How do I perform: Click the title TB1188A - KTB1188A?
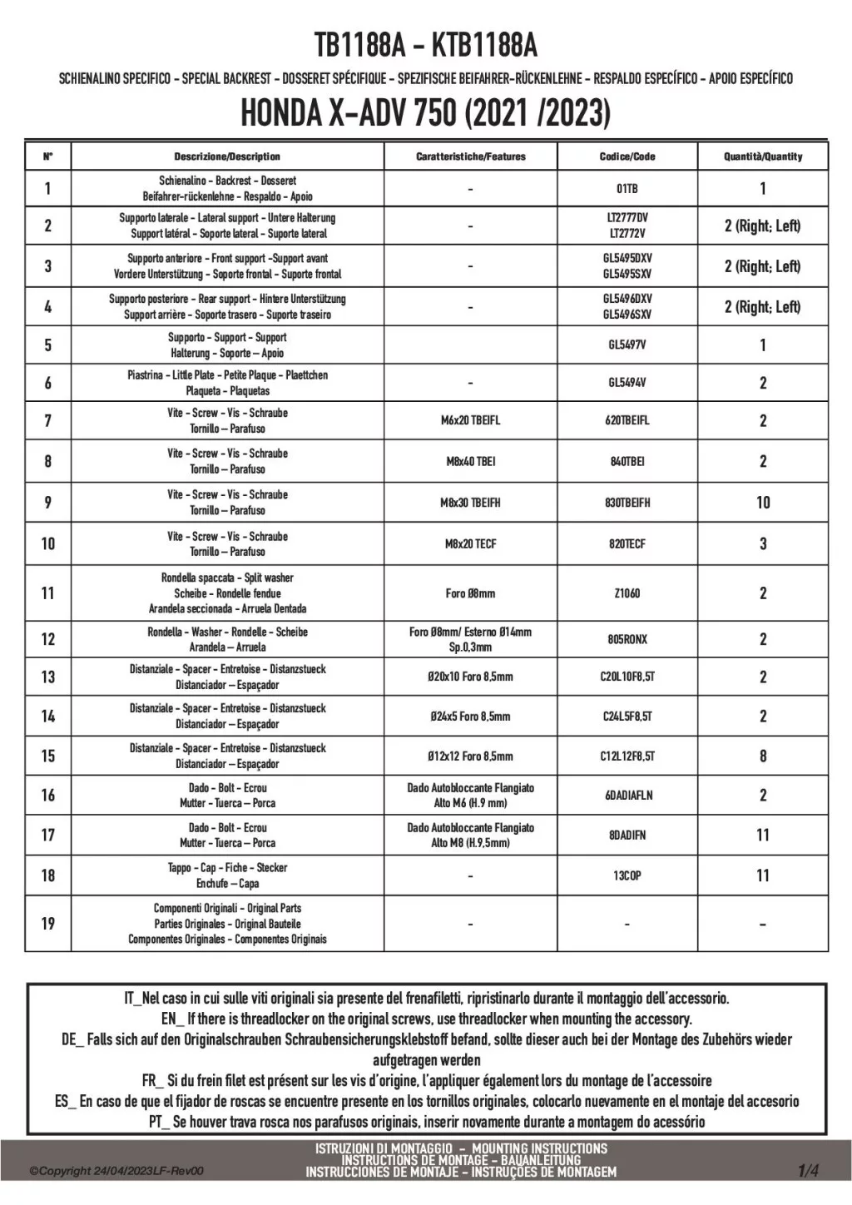pyautogui.click(x=425, y=45)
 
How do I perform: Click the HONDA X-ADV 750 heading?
pyautogui.click(x=425, y=114)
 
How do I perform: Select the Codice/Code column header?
pyautogui.click(x=627, y=156)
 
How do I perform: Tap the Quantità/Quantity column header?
pyautogui.click(x=763, y=156)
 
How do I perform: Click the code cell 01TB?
pyautogui.click(x=627, y=189)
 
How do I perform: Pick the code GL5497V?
pyautogui.click(x=627, y=345)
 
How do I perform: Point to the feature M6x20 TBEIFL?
pyautogui.click(x=470, y=421)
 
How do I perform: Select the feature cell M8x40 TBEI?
pyautogui.click(x=470, y=462)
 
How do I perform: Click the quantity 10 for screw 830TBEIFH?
pyautogui.click(x=763, y=503)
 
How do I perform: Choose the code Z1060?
pyautogui.click(x=627, y=593)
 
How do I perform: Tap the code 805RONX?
pyautogui.click(x=627, y=639)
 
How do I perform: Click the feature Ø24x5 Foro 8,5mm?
pyautogui.click(x=470, y=717)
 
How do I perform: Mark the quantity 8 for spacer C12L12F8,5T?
pyautogui.click(x=763, y=756)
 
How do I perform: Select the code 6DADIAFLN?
pyautogui.click(x=628, y=796)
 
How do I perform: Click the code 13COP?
pyautogui.click(x=627, y=875)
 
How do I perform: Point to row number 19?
pyautogui.click(x=47, y=924)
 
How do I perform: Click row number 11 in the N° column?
pyautogui.click(x=47, y=593)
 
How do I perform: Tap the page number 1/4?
pyautogui.click(x=808, y=1172)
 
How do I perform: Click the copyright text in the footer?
pyautogui.click(x=116, y=1172)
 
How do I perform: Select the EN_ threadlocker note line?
pyautogui.click(x=426, y=1019)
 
